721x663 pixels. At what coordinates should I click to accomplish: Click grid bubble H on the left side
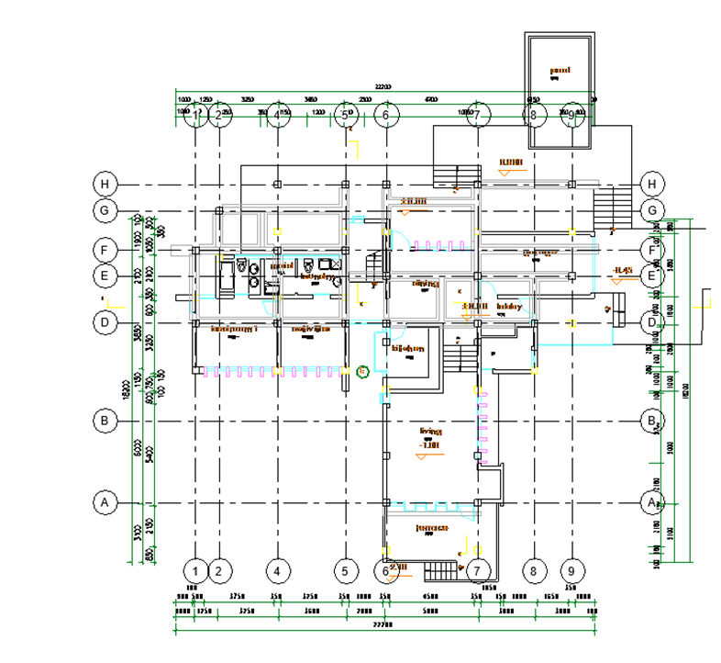105,184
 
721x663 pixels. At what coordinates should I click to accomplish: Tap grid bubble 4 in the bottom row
277,570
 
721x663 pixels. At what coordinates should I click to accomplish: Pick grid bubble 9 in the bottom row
571,570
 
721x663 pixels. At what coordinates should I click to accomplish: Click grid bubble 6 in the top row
386,115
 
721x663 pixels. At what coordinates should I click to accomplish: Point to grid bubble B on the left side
105,421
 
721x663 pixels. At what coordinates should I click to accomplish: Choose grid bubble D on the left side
105,322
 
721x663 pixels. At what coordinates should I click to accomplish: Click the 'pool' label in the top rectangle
559,70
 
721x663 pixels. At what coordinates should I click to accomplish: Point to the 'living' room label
430,431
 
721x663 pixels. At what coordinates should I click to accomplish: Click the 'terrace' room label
430,528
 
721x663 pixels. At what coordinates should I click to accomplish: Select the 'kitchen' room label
408,349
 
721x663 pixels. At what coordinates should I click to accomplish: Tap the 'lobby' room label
508,307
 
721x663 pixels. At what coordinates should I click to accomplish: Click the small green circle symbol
362,371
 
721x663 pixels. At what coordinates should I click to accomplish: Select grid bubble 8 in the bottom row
533,570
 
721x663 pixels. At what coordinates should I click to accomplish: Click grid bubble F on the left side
105,249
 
